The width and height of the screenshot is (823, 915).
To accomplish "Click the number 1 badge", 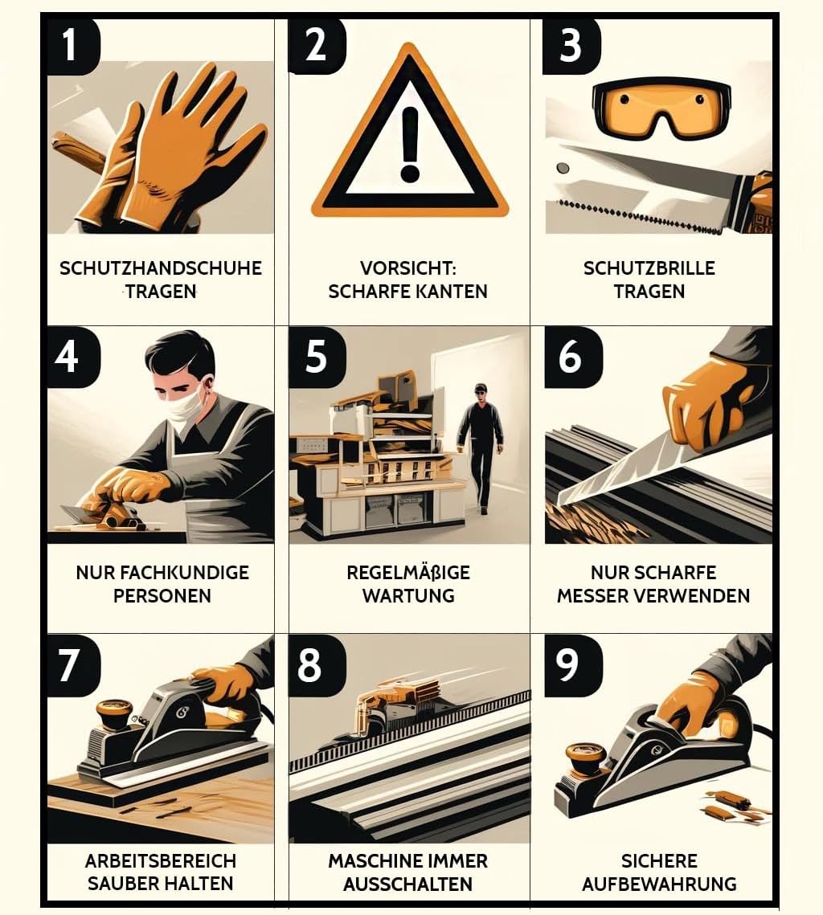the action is point(72,46).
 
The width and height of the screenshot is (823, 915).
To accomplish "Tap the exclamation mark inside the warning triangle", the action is point(411,144).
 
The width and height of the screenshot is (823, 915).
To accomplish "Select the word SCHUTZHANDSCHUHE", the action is point(161,268).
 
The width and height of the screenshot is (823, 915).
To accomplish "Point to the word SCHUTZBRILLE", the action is point(649,268).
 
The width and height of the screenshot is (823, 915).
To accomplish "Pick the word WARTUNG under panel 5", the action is point(408,596).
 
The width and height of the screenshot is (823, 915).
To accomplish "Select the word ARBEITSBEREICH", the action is point(161,861).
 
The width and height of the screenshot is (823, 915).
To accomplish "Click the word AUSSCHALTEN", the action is point(408,884).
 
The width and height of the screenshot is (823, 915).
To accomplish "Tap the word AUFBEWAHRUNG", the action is point(660,884).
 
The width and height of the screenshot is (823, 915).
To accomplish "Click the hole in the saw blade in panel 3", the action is point(563,168).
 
